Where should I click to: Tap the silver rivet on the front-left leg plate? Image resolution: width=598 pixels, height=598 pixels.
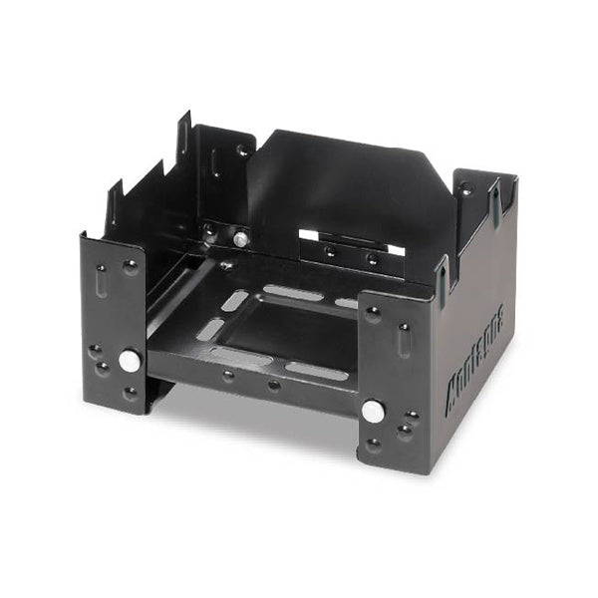(129, 361)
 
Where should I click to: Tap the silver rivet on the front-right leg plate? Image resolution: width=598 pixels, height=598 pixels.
(372, 409)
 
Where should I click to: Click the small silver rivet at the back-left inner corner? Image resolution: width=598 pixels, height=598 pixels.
(240, 238)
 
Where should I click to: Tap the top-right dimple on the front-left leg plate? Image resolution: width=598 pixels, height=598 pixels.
(131, 266)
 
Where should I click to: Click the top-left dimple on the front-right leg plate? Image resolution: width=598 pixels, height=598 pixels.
(373, 313)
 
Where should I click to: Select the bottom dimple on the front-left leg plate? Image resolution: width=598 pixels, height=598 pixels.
(131, 393)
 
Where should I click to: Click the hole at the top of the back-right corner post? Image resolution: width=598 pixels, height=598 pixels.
(464, 188)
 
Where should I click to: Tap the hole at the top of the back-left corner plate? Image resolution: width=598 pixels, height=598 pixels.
(242, 150)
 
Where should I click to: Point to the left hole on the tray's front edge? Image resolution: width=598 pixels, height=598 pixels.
(228, 376)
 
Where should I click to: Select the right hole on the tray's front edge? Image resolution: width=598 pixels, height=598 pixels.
(273, 385)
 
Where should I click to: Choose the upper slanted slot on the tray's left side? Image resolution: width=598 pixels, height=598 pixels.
(234, 299)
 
